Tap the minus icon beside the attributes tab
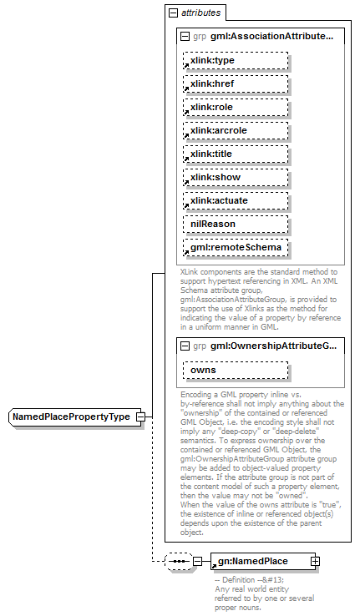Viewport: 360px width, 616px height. point(173,13)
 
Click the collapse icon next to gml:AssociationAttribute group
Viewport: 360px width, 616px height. point(185,37)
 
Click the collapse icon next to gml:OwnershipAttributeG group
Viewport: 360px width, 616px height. point(185,346)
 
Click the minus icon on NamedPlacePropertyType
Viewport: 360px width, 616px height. point(141,417)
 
